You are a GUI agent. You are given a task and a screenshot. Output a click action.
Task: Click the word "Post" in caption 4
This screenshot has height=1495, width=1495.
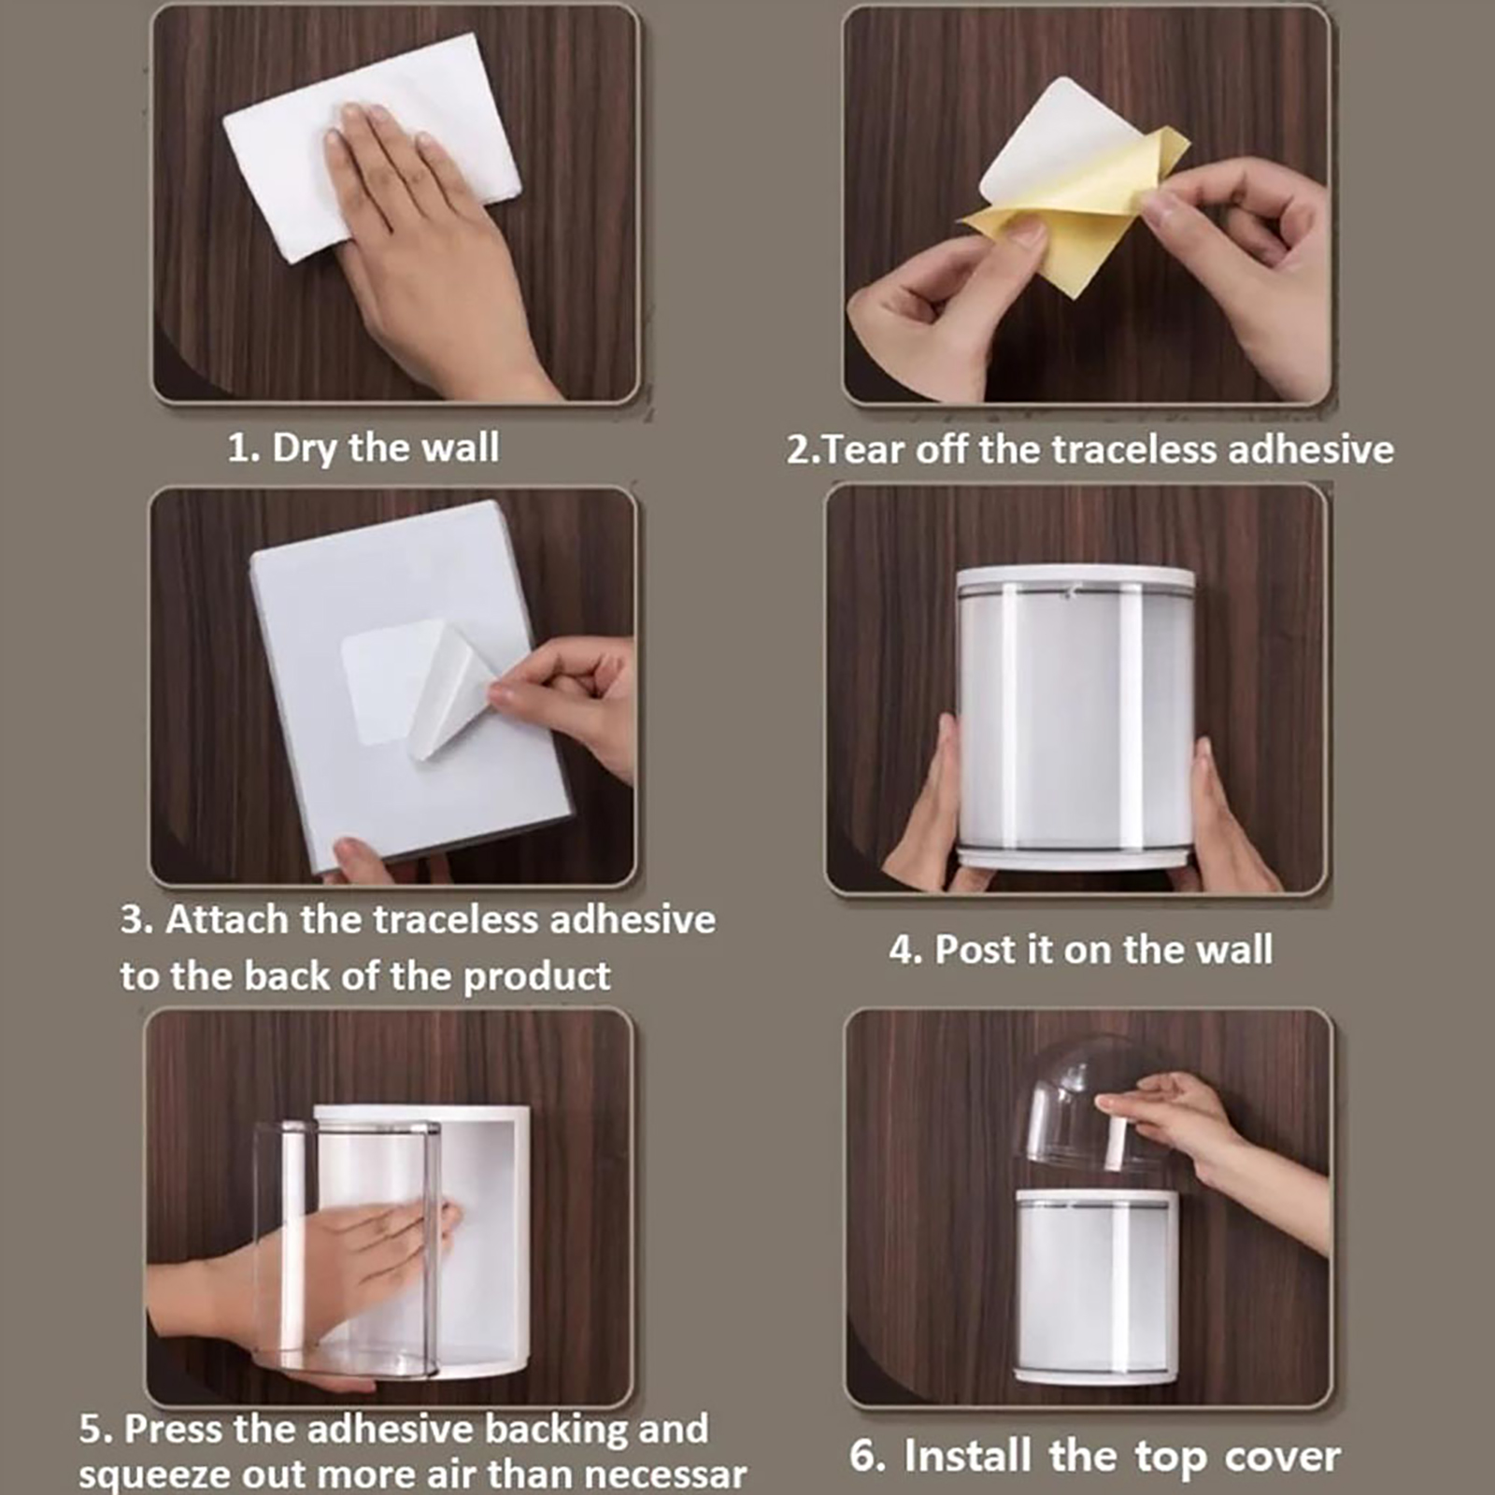tap(975, 949)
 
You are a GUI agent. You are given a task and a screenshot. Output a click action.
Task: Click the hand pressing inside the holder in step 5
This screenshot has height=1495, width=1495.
tap(308, 1271)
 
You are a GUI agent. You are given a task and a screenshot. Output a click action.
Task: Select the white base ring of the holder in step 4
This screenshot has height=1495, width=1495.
tap(1075, 858)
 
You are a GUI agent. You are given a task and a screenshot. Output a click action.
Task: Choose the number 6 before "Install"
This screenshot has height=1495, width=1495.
tap(865, 1457)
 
